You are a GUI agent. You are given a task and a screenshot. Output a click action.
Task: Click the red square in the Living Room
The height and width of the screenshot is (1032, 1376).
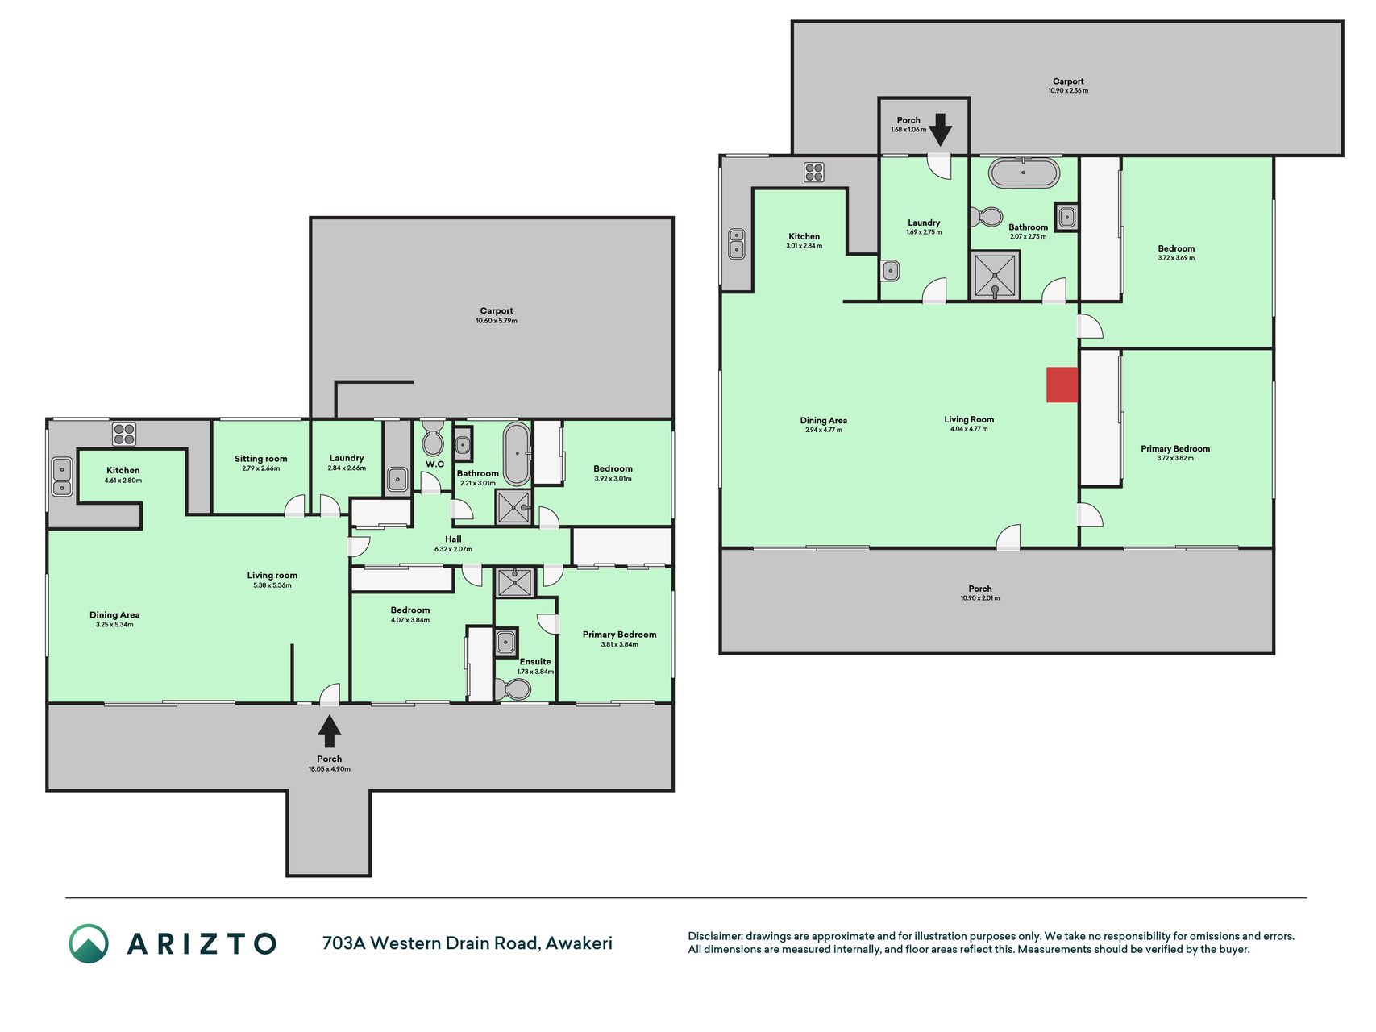(1062, 385)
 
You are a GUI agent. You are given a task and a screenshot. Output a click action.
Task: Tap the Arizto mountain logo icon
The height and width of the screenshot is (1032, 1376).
(88, 943)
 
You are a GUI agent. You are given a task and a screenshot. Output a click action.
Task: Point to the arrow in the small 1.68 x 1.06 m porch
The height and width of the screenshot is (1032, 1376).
(940, 130)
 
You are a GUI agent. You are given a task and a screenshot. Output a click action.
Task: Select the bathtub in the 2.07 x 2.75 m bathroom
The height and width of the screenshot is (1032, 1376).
(1024, 173)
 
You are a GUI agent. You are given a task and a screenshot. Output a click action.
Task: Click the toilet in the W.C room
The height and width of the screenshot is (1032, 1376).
(433, 437)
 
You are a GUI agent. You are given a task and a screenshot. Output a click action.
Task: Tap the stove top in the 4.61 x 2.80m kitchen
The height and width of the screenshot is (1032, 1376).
(124, 435)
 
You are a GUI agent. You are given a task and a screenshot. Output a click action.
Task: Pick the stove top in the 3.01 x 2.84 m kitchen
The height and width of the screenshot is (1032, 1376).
(813, 172)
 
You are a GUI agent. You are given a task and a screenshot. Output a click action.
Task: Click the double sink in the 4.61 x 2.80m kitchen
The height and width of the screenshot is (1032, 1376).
(62, 476)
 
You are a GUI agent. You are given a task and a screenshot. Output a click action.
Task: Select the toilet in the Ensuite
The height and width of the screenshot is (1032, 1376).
(513, 689)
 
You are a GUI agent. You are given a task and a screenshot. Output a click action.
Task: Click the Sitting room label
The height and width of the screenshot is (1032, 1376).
(260, 459)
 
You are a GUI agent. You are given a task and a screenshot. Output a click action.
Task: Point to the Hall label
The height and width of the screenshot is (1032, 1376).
(453, 539)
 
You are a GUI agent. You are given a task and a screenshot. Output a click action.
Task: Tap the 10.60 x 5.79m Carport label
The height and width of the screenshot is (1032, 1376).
(497, 310)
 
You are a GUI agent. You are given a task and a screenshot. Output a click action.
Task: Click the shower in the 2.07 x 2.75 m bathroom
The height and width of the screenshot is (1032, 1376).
(996, 275)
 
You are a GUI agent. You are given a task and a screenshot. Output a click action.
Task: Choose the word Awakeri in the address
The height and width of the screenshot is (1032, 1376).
(579, 943)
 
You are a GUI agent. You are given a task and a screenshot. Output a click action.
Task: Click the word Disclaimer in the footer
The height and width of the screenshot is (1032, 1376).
(714, 936)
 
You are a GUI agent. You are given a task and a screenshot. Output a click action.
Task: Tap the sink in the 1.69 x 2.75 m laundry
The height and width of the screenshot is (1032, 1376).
(890, 270)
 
